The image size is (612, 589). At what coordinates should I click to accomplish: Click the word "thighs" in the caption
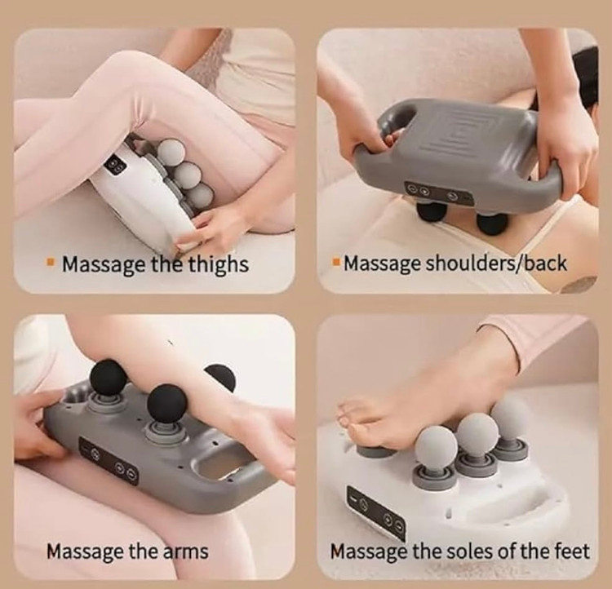click(219, 265)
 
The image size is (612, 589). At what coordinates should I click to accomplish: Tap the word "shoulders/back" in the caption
click(495, 263)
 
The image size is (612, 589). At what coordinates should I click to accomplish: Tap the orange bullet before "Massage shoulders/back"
click(335, 261)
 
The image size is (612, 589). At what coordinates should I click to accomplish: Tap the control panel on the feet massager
click(376, 513)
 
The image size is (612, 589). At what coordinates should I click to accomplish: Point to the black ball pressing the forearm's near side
click(166, 404)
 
